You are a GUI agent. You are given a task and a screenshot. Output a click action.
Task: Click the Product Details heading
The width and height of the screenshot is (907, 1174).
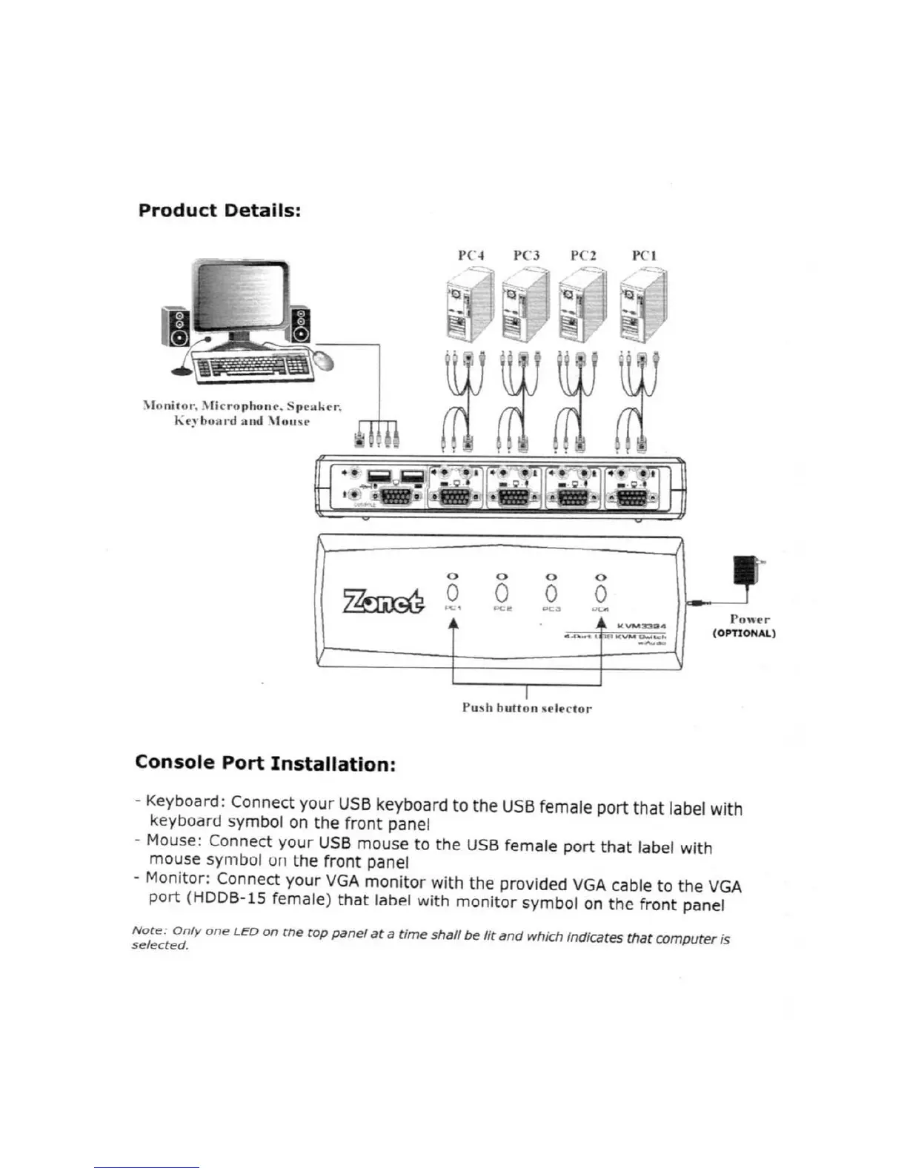click(x=219, y=210)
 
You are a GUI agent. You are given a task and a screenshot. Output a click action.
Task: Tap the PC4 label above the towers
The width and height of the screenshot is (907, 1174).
click(x=471, y=256)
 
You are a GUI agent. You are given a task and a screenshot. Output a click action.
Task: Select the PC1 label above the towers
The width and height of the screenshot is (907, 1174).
click(x=644, y=256)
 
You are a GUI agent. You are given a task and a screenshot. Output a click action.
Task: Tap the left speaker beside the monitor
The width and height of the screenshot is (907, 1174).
click(x=176, y=327)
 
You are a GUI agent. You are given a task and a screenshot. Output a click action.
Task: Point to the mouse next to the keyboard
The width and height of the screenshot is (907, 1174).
click(x=322, y=359)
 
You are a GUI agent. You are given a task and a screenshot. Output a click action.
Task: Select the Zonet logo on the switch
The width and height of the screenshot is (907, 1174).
click(x=384, y=600)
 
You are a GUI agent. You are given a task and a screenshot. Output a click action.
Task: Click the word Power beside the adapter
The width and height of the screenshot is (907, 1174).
click(x=749, y=619)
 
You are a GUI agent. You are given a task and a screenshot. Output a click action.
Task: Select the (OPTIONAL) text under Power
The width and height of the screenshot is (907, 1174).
click(x=744, y=634)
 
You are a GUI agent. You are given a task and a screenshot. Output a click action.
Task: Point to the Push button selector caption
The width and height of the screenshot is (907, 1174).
click(x=527, y=708)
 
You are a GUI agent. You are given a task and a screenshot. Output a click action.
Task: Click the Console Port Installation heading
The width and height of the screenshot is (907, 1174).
click(x=265, y=763)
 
